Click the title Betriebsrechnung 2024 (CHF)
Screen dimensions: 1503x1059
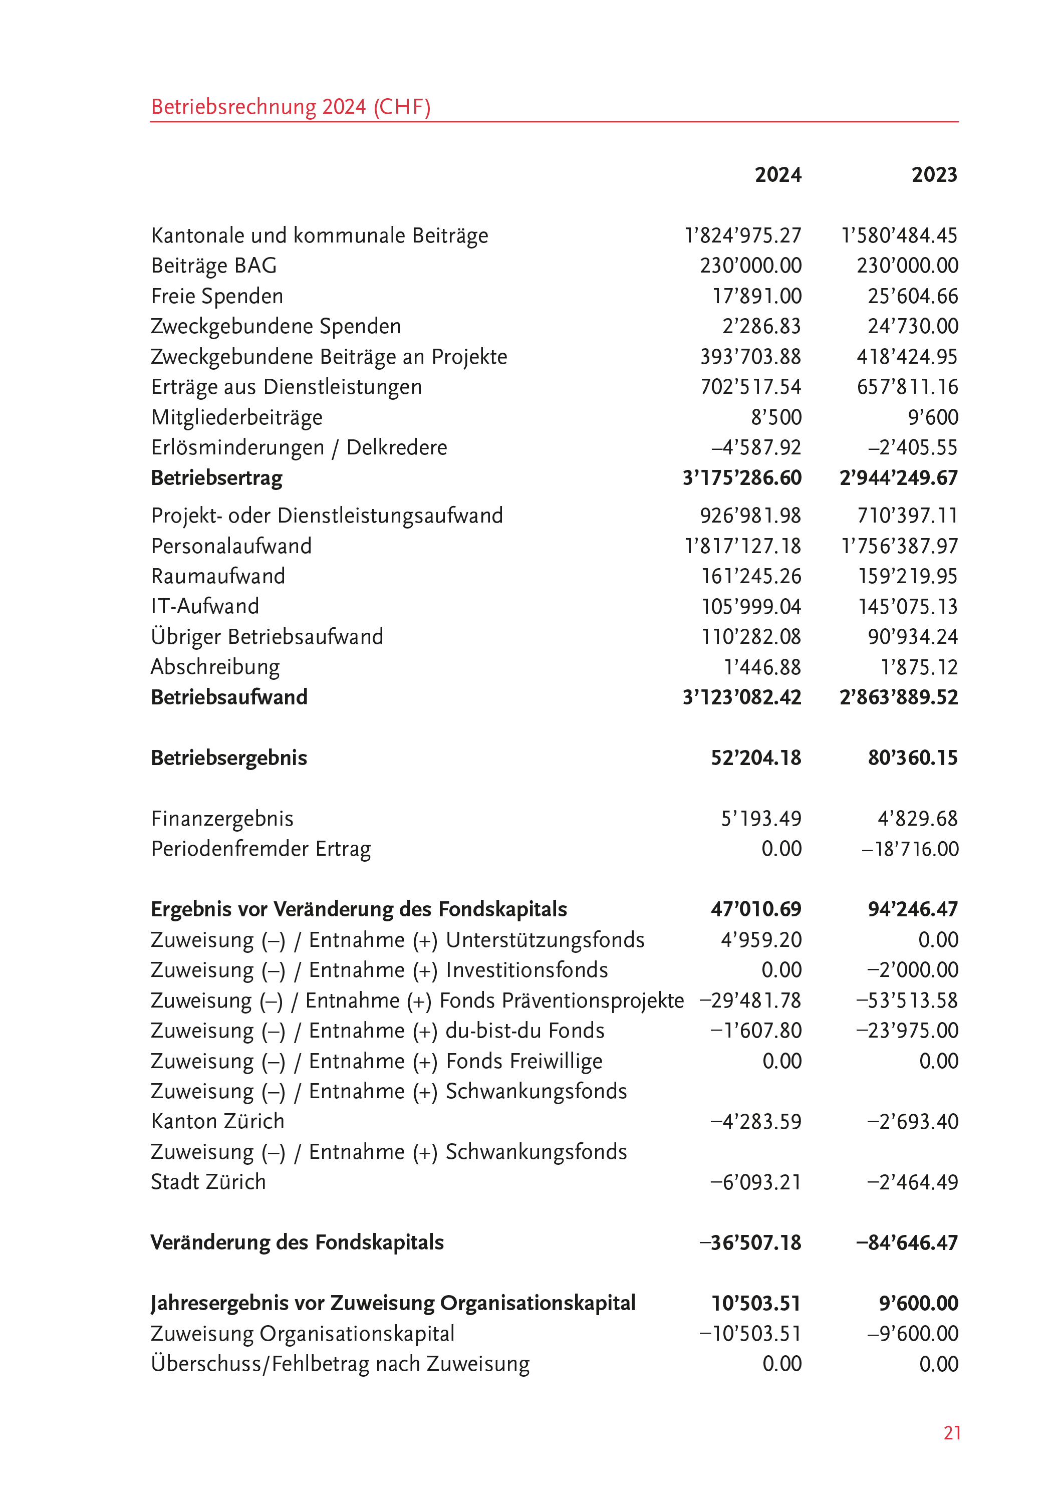tap(291, 107)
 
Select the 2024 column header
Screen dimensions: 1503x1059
tap(777, 175)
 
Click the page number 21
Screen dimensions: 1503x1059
tap(952, 1433)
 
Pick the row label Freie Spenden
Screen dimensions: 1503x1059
tap(216, 296)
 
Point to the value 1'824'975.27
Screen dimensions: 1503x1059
tap(743, 235)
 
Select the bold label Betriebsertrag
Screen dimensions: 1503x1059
tap(216, 478)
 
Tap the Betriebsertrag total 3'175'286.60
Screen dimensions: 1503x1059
tap(742, 478)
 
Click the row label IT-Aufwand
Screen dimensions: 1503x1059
tap(205, 606)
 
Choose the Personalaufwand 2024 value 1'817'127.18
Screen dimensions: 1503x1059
tap(743, 546)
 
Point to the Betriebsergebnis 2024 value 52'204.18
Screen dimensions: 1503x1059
tap(756, 758)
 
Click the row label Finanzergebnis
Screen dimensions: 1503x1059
tap(222, 818)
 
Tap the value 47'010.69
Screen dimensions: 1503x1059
tap(756, 909)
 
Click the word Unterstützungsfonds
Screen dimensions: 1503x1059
tap(545, 940)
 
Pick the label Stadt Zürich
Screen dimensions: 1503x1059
tap(208, 1182)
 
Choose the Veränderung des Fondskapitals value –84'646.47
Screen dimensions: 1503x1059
tap(908, 1242)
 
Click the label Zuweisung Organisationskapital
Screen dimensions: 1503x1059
tap(303, 1334)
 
